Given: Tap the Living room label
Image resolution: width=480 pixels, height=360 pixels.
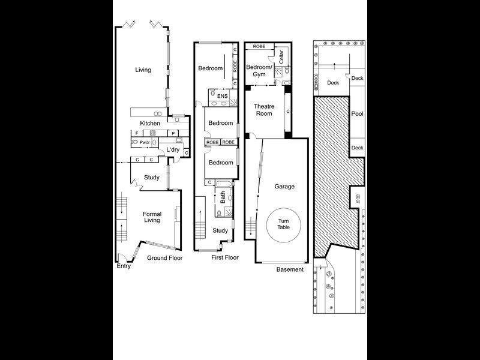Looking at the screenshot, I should tap(143, 70).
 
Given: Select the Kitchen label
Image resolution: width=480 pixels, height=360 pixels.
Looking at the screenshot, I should tap(150, 124).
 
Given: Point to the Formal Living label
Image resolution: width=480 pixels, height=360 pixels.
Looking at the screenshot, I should tap(152, 217).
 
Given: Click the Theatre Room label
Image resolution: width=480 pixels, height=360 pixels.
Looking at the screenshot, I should tap(265, 110).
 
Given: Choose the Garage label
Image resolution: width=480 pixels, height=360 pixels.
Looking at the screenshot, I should tap(284, 187).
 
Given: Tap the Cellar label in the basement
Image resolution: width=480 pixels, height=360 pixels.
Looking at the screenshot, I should tap(281, 62).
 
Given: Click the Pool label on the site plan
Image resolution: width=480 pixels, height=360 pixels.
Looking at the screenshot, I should tap(357, 113).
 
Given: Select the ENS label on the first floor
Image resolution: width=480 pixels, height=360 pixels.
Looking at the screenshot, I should tap(222, 95).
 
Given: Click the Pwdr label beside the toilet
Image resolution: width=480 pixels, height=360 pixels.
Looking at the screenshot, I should tap(145, 142).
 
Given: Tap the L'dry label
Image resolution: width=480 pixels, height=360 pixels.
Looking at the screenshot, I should tap(173, 149).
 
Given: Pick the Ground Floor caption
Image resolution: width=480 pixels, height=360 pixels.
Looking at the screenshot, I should tap(165, 258).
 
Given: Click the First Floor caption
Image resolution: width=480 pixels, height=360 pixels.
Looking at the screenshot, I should tap(225, 257).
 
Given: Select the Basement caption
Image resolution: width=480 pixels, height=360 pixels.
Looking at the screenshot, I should tap(290, 269).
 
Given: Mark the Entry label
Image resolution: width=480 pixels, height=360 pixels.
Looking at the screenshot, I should tap(124, 266).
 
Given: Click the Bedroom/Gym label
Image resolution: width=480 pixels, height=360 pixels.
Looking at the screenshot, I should tap(260, 70).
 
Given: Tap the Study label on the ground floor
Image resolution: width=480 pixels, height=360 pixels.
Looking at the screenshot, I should tap(151, 177).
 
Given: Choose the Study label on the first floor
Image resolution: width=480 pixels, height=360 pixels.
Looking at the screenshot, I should tap(220, 230).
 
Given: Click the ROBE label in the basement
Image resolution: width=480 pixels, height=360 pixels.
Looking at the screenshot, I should tap(259, 46).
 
